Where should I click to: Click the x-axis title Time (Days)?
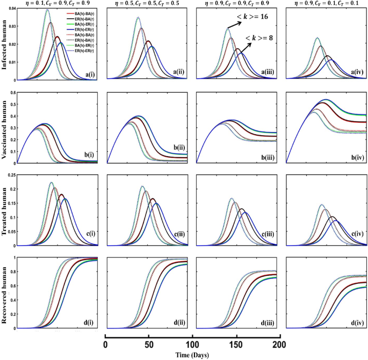coord(192,355)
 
